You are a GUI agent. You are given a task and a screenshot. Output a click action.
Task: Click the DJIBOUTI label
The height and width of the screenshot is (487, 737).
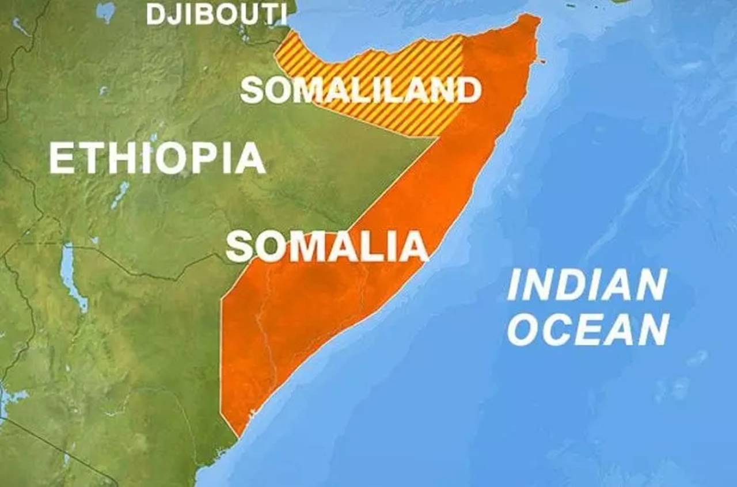216,13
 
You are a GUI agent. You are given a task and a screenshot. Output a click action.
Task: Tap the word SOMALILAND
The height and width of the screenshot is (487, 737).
360,90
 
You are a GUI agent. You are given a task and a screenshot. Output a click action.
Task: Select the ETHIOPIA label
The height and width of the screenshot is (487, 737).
157,158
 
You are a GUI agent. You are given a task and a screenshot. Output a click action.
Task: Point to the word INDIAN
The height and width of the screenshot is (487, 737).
587,285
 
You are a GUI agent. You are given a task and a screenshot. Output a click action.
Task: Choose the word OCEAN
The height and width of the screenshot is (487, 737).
588,330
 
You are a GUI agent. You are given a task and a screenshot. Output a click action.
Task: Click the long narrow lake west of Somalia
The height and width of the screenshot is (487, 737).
69,276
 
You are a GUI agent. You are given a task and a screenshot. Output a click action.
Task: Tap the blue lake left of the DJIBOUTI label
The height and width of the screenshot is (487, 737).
105,12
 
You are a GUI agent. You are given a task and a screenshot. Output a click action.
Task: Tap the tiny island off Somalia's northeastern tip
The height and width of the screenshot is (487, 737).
542,61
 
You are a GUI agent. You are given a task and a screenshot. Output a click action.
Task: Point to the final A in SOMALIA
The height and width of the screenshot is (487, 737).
413,246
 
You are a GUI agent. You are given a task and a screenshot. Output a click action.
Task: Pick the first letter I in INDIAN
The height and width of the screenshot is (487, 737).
514,285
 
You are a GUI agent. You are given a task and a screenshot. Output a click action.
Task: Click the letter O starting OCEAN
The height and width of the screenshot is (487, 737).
525,330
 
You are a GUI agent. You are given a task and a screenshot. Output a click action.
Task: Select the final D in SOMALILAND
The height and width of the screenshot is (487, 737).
468,90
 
